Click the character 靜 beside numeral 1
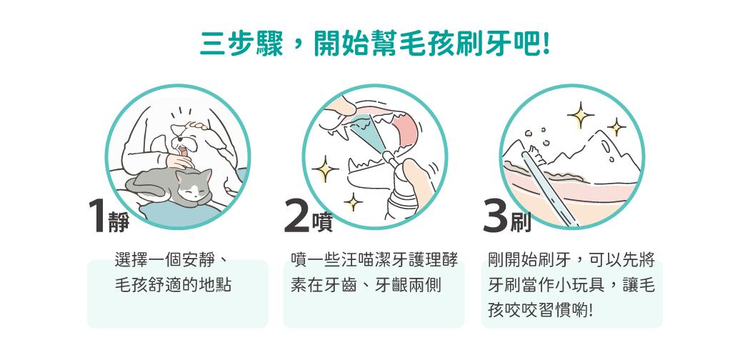[x=119, y=222]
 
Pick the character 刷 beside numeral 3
[x=521, y=222]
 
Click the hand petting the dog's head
[x=197, y=126]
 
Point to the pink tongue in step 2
[x=406, y=129]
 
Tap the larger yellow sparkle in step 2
[x=325, y=169]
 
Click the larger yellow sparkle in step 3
[x=581, y=115]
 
